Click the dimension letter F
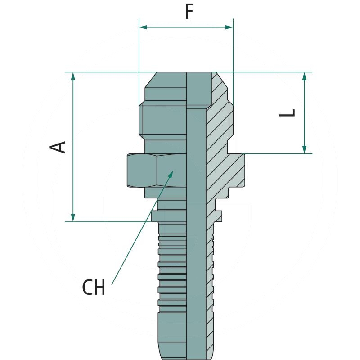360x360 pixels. point(189,12)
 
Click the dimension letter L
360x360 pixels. point(288,112)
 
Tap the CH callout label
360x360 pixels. point(94,288)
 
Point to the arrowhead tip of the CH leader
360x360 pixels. point(173,171)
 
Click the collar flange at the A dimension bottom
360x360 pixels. point(169,216)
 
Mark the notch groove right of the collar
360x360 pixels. point(219,205)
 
